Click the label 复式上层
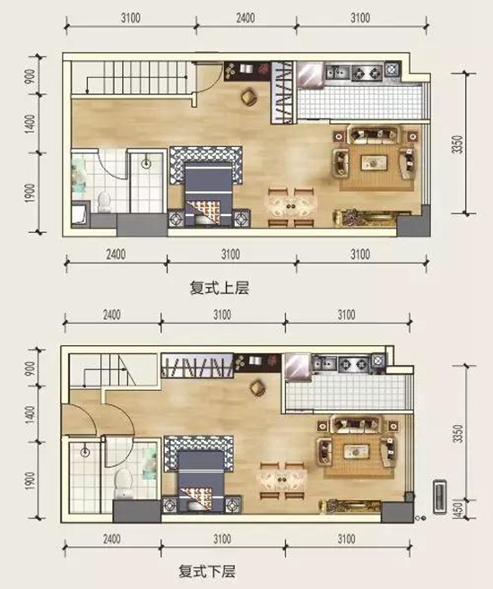(x=220, y=288)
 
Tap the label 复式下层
(x=207, y=571)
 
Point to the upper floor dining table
(x=292, y=207)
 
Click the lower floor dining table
(x=281, y=481)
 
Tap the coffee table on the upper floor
(x=374, y=162)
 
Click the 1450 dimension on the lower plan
(x=458, y=510)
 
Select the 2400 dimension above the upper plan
(x=246, y=18)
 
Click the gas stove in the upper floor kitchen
(x=367, y=73)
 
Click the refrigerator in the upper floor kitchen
(x=310, y=74)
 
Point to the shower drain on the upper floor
(x=146, y=163)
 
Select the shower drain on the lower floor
(x=85, y=452)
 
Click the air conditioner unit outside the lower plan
(x=440, y=497)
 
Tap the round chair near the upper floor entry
(x=249, y=98)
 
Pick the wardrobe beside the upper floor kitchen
(x=282, y=92)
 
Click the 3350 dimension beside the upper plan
(x=458, y=144)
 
